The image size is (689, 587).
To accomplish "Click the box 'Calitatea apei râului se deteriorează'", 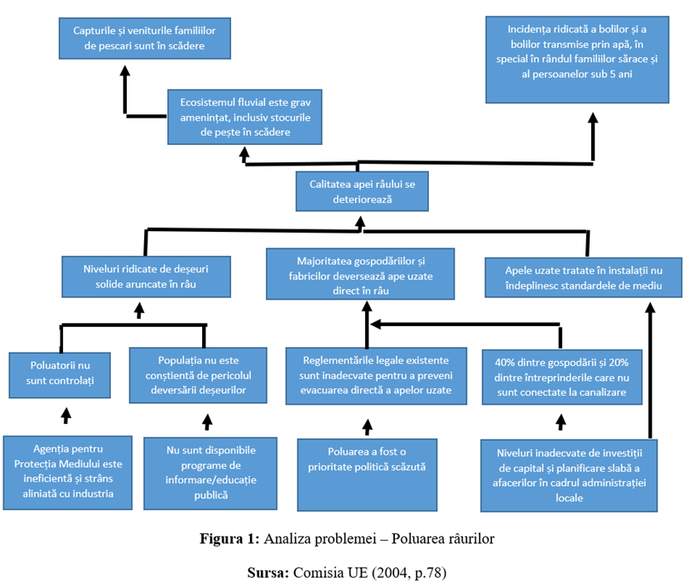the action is (x=362, y=191).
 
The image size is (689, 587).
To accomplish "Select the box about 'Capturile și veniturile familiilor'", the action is (x=145, y=38).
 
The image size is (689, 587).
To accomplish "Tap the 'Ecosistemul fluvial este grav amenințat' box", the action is (x=245, y=117).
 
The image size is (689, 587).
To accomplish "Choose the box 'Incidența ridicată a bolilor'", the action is (x=577, y=60).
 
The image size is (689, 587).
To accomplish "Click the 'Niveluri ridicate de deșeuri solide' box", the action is (x=146, y=277).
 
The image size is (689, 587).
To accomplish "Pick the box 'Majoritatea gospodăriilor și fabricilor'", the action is (x=360, y=274).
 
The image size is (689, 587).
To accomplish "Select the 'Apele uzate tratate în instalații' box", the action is (x=584, y=277).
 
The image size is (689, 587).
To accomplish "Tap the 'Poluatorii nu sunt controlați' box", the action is (x=60, y=375).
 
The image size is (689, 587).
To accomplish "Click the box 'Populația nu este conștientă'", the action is (x=198, y=375).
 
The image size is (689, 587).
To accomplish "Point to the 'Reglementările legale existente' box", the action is (x=376, y=376).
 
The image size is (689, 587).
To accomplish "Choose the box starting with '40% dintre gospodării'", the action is (x=562, y=377).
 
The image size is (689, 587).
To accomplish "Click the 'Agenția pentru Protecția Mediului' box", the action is (x=68, y=473).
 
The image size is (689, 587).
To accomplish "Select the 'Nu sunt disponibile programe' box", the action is (x=210, y=474).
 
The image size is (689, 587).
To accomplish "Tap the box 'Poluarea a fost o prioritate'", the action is (x=368, y=474).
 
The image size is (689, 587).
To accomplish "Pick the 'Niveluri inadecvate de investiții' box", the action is (x=569, y=475).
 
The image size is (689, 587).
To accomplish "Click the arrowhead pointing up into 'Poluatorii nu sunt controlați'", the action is (x=66, y=413).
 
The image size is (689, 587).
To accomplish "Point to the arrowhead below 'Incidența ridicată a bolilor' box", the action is (x=593, y=118).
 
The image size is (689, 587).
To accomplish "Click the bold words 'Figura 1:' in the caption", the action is (x=230, y=539).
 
